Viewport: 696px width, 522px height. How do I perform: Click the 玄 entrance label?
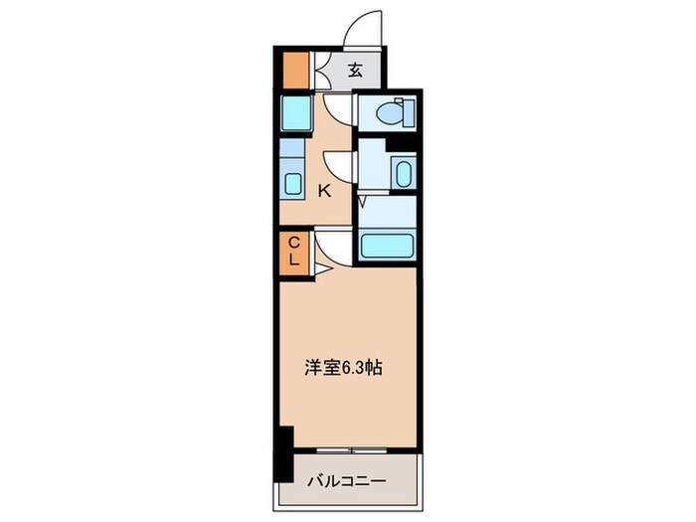coord(356,71)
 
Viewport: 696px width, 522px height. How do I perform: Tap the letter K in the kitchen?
coord(323,192)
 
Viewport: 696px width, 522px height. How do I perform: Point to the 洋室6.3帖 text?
coord(342,367)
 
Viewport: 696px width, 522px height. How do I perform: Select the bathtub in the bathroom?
coord(387,246)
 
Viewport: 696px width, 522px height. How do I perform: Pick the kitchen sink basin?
coord(293,184)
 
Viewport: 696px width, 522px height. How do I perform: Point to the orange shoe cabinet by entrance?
coord(294,70)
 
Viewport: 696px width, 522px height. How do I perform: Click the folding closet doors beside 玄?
coord(321,70)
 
